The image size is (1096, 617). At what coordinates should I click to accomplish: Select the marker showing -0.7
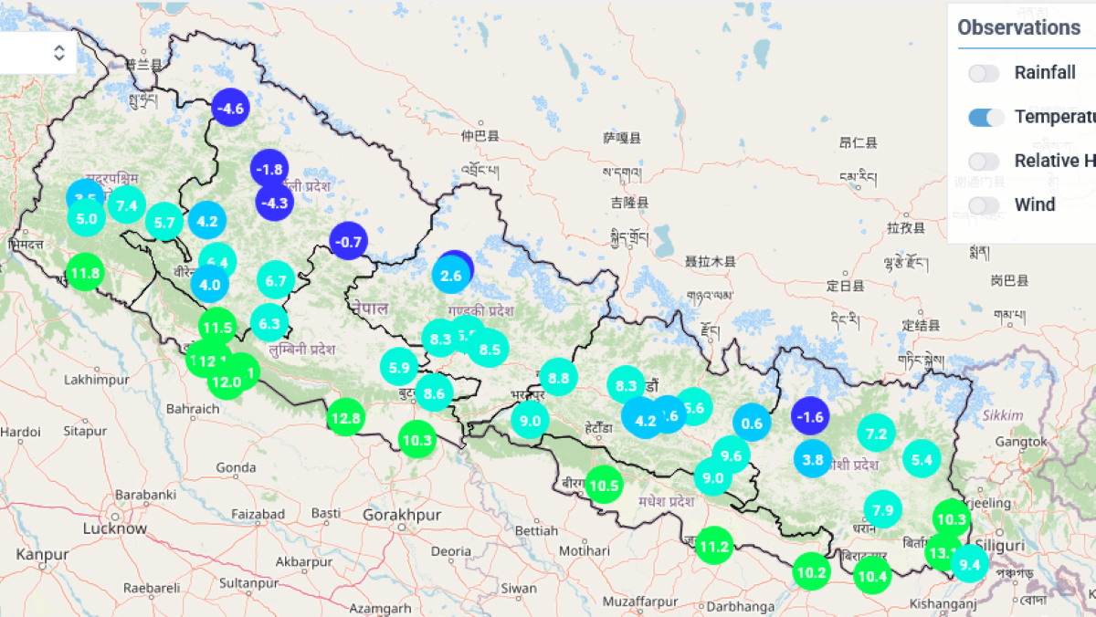[348, 242]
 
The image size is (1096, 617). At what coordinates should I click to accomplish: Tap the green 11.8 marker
[84, 272]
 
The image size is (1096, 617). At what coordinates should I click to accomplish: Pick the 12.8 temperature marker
[346, 418]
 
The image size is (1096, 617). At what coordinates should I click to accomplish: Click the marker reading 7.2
[877, 434]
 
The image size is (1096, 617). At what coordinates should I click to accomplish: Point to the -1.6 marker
[809, 417]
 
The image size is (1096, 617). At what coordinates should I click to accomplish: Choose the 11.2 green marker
[713, 547]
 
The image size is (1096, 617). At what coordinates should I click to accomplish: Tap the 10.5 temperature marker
[604, 485]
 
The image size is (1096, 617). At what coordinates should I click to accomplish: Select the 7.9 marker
[882, 509]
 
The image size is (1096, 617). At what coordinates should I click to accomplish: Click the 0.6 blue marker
[752, 423]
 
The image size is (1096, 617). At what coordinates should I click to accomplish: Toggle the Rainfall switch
[985, 73]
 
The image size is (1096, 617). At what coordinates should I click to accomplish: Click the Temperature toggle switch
[985, 117]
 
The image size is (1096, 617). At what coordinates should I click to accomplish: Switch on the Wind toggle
[985, 204]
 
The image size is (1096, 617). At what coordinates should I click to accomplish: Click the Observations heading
[1018, 27]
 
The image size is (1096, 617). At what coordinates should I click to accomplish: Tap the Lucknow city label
[115, 528]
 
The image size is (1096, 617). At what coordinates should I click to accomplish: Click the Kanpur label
[42, 554]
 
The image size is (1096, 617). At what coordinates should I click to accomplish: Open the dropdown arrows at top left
[59, 52]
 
